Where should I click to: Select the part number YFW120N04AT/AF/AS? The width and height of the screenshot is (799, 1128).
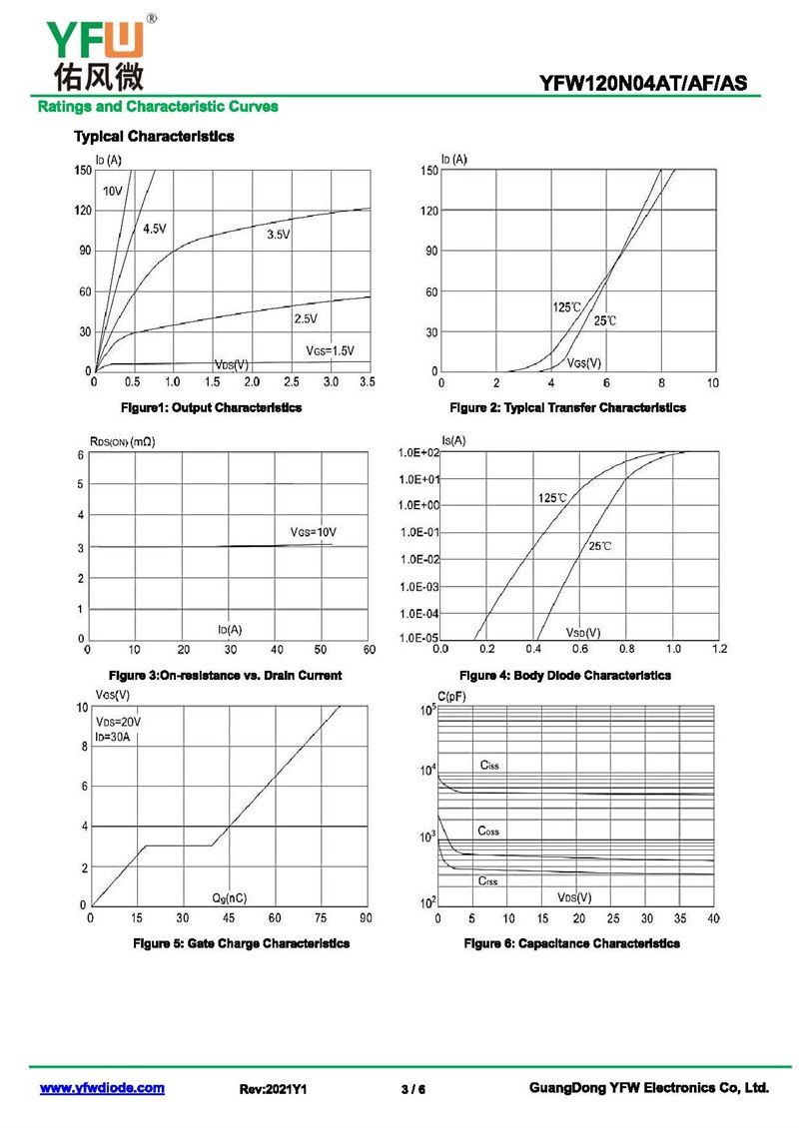coord(643,84)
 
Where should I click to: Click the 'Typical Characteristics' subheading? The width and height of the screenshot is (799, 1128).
coord(154,136)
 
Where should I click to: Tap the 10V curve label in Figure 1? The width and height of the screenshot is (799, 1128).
coord(112,191)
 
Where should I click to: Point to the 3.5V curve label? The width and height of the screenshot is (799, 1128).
coord(279,235)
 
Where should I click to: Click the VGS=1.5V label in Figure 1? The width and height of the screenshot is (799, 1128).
coord(330,350)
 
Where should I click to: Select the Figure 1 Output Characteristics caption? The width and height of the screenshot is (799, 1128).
coord(211,407)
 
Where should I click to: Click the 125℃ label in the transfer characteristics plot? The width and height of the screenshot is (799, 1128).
coord(566,306)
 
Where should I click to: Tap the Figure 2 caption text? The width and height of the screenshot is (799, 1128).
coord(567,407)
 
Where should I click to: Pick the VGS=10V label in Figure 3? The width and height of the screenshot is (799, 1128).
coord(314,532)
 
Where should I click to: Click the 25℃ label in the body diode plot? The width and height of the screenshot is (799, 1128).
coord(600,546)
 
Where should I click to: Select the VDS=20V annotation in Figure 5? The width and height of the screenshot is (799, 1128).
coord(118,722)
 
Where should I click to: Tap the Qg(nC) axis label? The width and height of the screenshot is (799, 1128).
coord(230,897)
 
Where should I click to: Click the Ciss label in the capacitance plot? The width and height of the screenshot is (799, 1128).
coord(489,765)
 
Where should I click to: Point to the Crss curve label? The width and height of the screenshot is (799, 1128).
coord(488,880)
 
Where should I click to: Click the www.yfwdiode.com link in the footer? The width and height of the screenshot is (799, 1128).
coord(102,1088)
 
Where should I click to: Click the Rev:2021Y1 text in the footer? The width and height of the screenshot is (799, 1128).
coord(273,1089)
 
